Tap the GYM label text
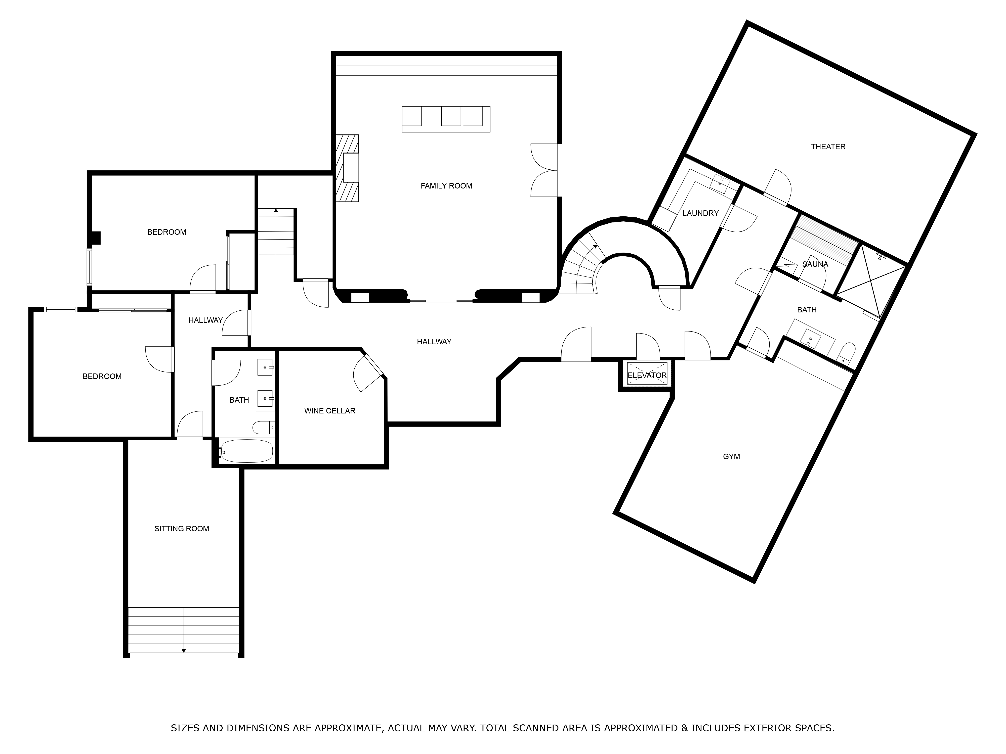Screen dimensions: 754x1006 731,456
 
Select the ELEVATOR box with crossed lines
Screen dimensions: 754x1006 647,375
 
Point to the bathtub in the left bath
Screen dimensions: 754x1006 246,451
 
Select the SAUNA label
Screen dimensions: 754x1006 815,264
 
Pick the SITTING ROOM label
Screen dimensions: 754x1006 182,529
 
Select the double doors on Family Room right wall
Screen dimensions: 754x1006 544,170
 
